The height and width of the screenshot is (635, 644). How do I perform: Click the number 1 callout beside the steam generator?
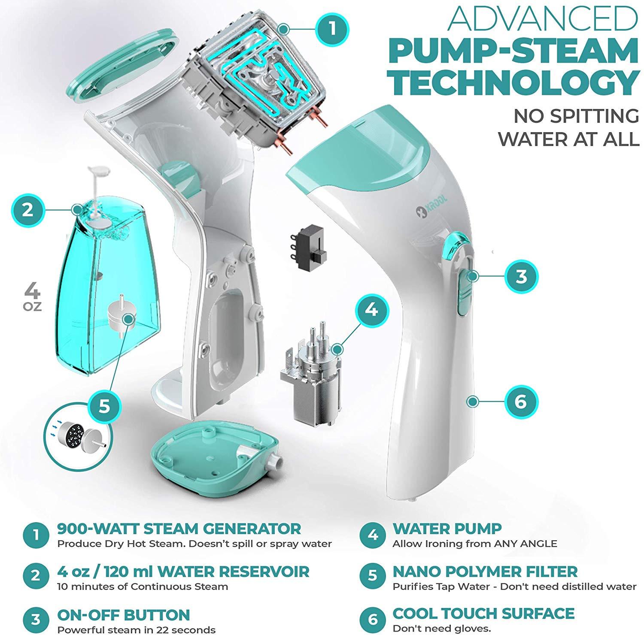point(331,30)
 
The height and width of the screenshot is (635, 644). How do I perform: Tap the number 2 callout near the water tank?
point(28,210)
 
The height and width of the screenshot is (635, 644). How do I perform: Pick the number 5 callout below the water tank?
point(104,405)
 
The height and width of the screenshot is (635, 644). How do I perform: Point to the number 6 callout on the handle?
point(520,402)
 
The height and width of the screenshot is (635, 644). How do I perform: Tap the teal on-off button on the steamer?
point(465,290)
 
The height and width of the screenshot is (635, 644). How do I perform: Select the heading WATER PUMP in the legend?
point(447,529)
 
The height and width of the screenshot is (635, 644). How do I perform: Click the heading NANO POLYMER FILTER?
point(485,571)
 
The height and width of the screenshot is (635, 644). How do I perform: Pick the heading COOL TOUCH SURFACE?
point(483,614)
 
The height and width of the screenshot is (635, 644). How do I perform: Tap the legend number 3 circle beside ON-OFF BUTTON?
point(36,619)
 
